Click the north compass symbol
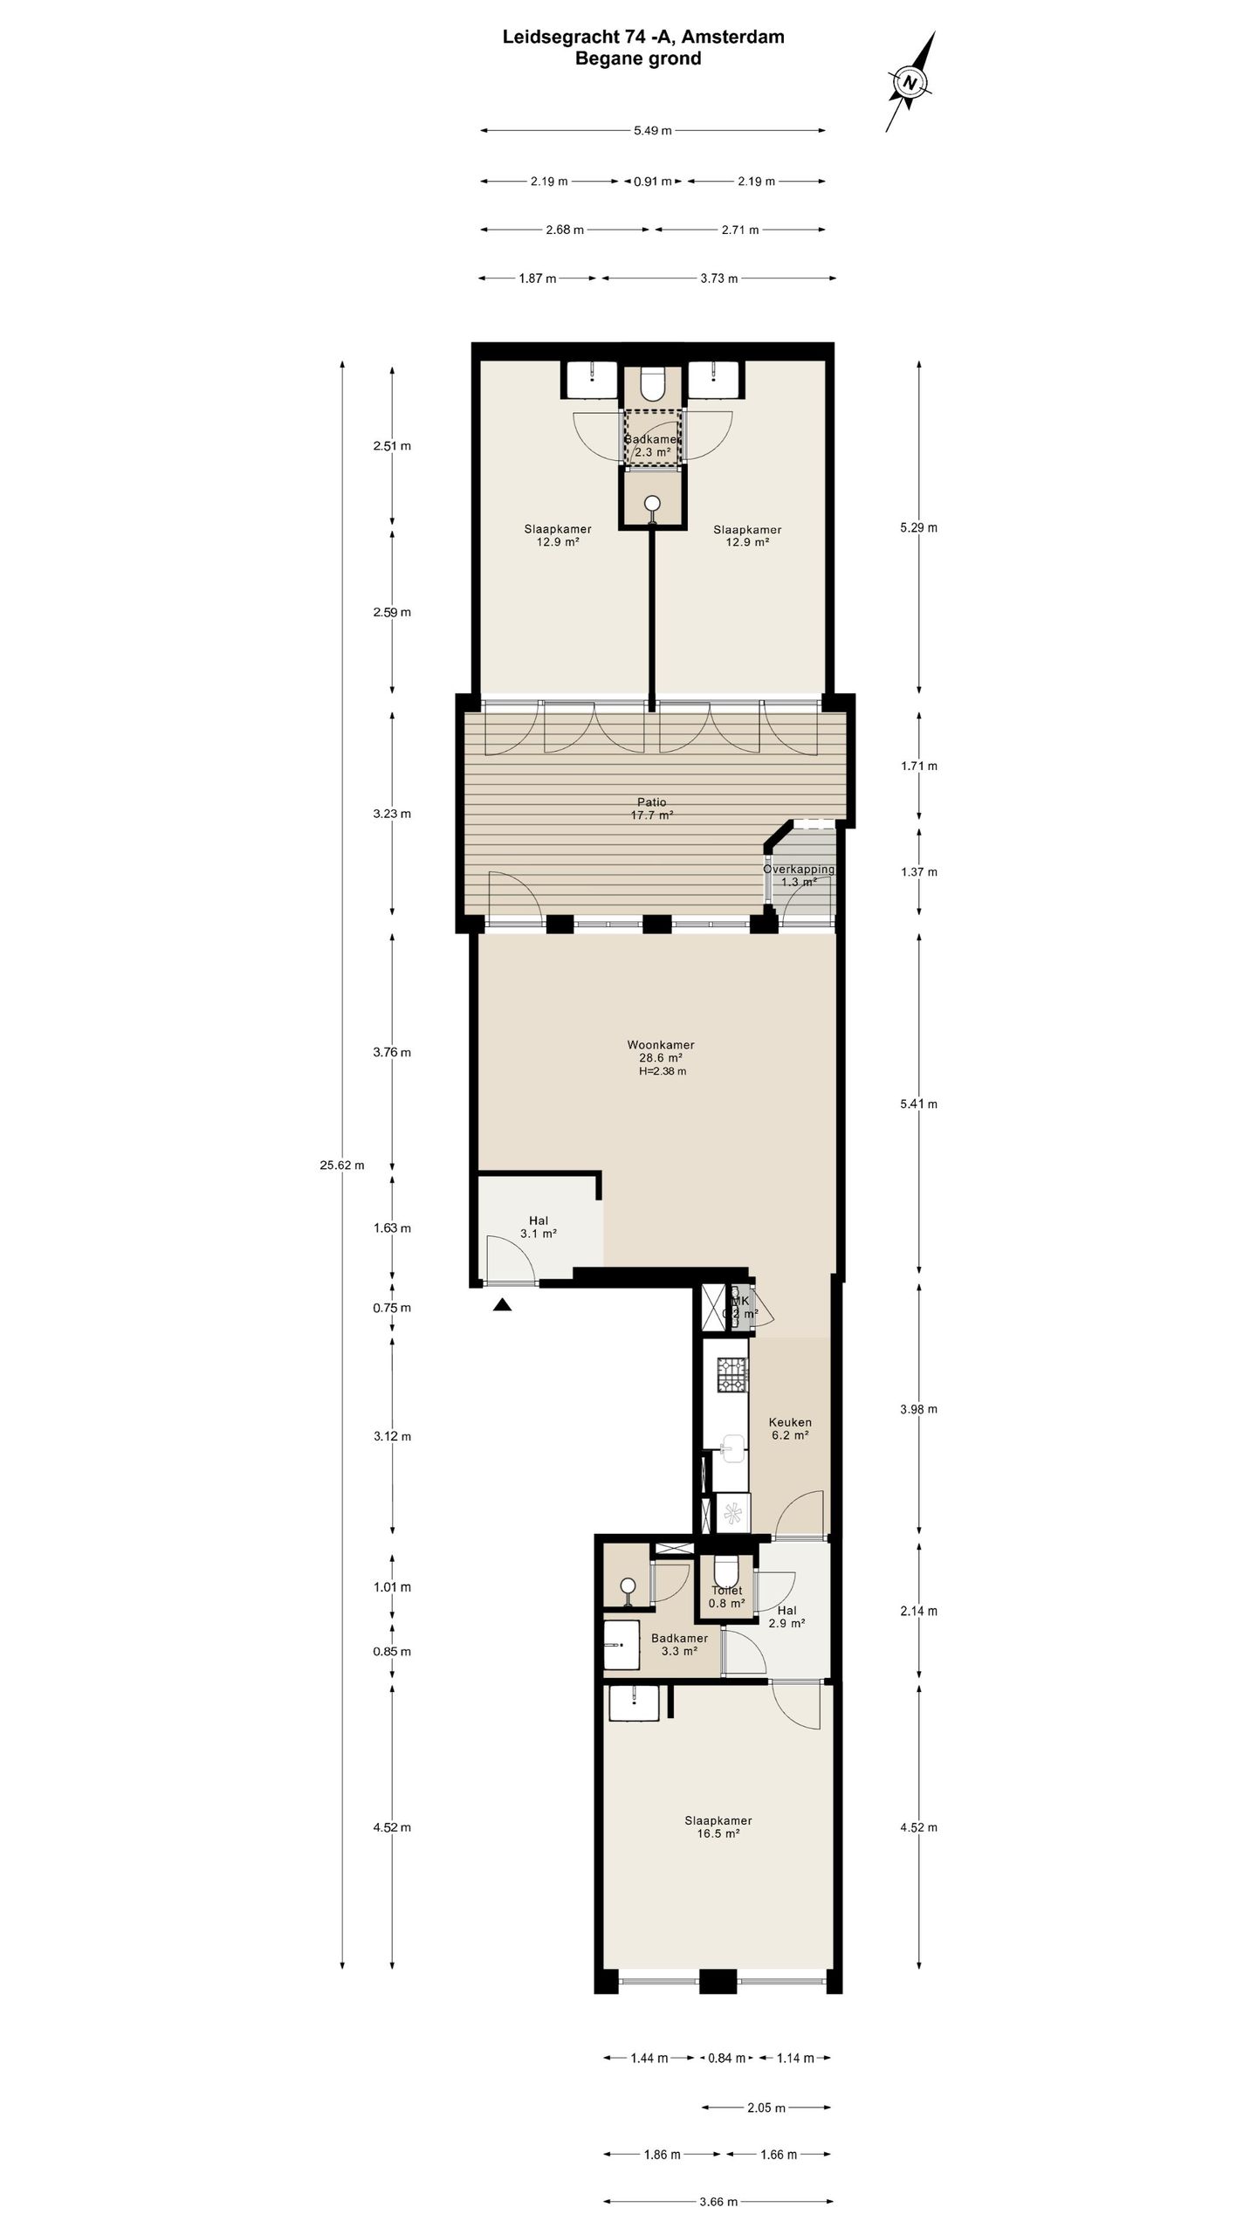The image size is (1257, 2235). click(910, 83)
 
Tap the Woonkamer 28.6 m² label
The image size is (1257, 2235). click(660, 1050)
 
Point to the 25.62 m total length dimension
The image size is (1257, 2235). click(341, 1165)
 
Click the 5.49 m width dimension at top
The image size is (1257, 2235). click(652, 131)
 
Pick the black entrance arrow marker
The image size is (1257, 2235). click(502, 1305)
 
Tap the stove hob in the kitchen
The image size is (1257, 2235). click(732, 1375)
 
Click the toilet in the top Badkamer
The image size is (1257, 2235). click(652, 382)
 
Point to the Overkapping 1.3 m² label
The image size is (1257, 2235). click(799, 875)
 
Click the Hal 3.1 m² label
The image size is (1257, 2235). click(538, 1227)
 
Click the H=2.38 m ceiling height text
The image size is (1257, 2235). click(660, 1071)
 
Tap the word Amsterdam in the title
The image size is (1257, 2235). click(740, 37)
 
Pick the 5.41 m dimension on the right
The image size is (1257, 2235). click(918, 1104)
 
